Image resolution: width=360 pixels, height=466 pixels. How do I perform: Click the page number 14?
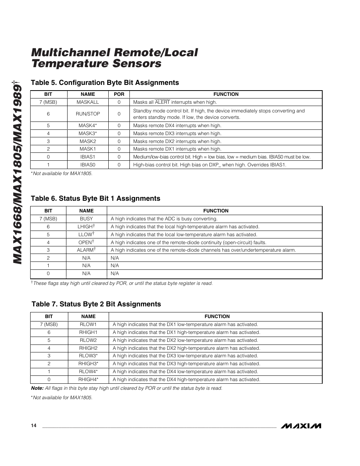[x=34, y=426]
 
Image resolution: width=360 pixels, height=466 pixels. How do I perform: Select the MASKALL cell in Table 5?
[x=88, y=102]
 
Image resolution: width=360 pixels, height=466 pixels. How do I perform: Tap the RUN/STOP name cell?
[x=88, y=114]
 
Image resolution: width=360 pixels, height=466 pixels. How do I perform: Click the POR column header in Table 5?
[x=119, y=94]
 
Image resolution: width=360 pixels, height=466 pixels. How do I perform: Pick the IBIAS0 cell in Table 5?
[x=88, y=165]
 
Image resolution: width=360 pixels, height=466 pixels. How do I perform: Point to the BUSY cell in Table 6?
[x=86, y=219]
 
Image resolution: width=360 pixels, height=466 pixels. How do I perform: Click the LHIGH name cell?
[x=86, y=227]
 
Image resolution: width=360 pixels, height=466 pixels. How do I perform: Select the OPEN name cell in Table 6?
[x=86, y=242]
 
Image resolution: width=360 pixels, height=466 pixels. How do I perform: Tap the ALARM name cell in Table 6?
[x=86, y=250]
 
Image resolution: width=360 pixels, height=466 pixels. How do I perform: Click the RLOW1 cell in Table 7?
[x=88, y=325]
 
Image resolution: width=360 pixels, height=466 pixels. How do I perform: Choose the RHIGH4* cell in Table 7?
[x=88, y=380]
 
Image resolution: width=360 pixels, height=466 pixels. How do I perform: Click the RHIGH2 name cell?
[x=88, y=348]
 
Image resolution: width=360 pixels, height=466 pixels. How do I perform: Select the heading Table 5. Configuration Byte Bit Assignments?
[x=105, y=83]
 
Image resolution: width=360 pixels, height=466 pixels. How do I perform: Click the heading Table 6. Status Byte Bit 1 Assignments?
[x=95, y=198]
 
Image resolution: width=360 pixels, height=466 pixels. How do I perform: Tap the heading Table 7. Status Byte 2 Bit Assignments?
[x=96, y=304]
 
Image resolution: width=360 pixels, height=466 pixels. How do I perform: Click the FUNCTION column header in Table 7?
[x=217, y=317]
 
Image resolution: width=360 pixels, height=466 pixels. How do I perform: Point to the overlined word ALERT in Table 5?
[x=162, y=102]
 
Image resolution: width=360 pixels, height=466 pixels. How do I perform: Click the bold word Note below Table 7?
[x=37, y=388]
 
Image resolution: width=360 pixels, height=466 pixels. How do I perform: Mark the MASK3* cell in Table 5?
[x=88, y=134]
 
